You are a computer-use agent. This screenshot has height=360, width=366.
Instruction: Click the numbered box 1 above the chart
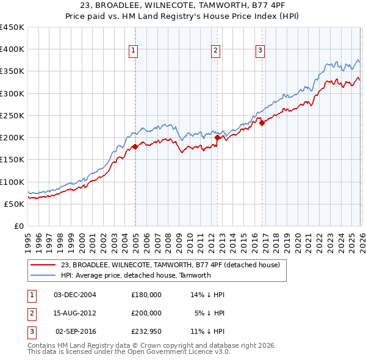point(133,51)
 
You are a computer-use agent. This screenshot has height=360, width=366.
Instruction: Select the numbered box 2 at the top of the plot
point(215,51)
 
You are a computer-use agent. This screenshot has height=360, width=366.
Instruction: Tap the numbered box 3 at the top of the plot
point(260,51)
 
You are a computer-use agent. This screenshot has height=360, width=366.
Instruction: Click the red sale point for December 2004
point(135,146)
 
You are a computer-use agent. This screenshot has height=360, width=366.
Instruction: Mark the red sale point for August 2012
point(217,138)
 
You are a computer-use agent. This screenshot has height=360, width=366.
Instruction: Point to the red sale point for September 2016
point(262,123)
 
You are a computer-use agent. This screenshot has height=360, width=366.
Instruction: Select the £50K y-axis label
point(14,204)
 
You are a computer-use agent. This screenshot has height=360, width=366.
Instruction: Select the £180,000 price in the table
point(146,295)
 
